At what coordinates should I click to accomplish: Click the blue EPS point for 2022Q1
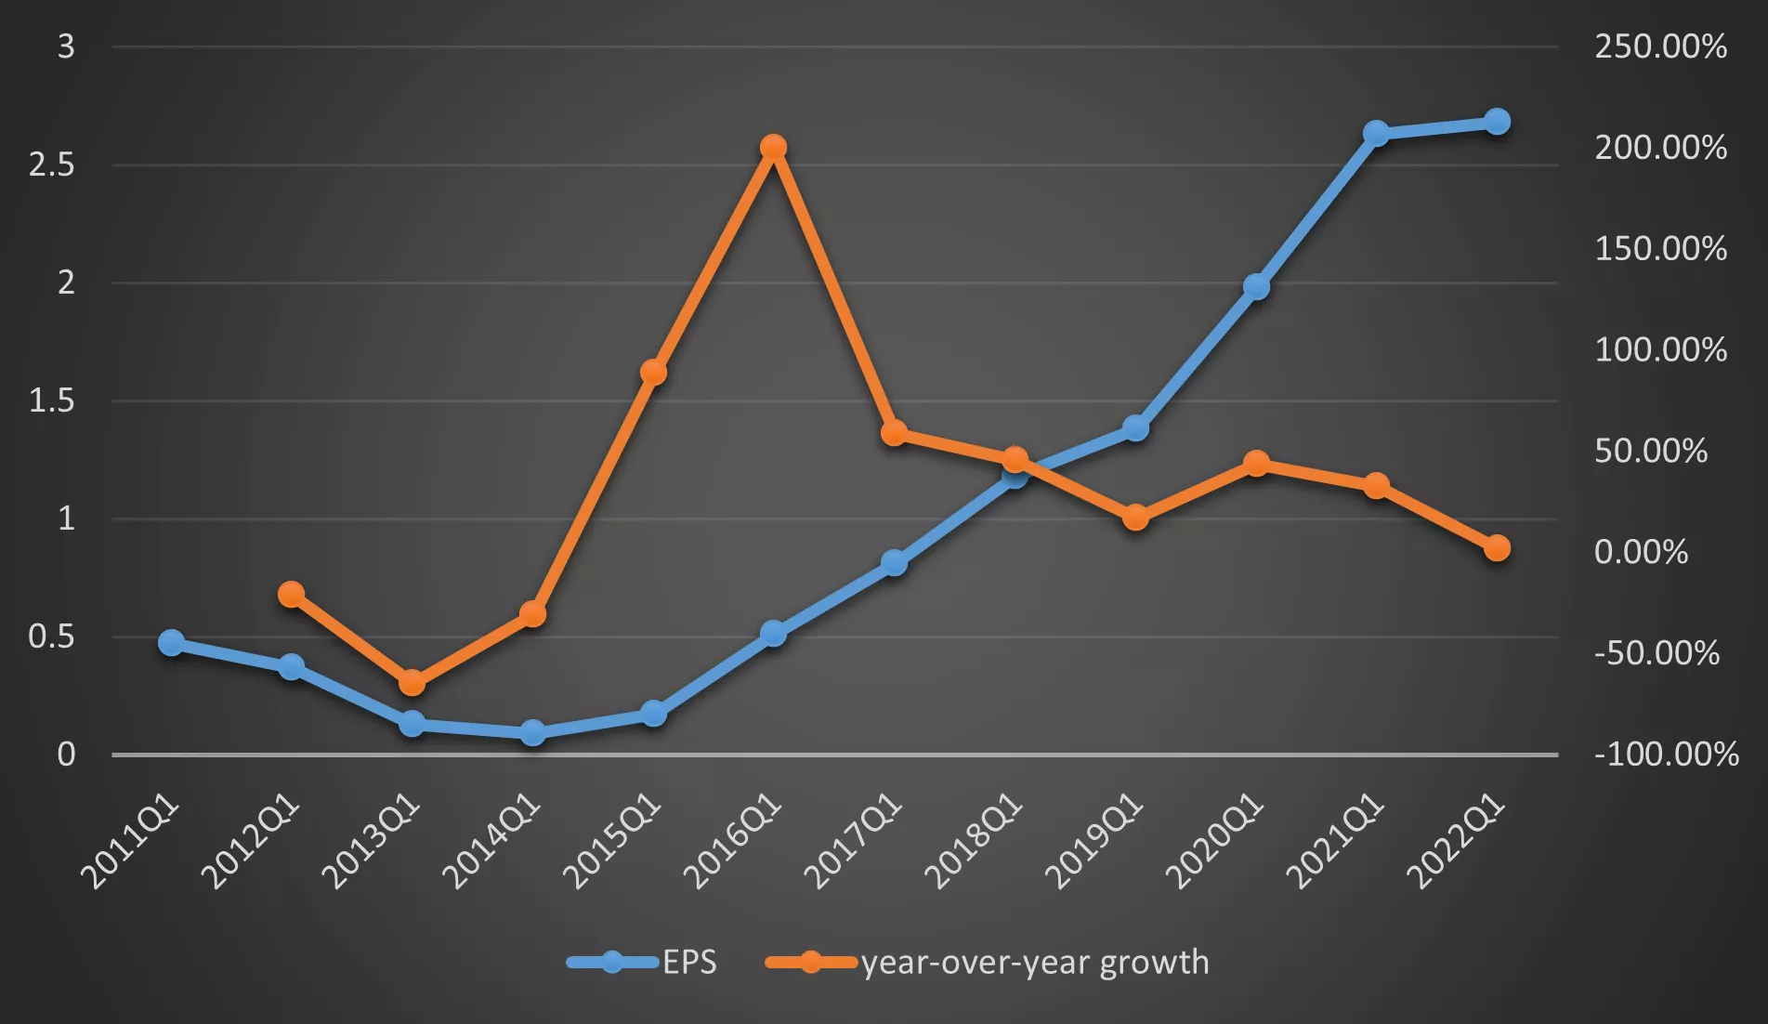tap(1497, 122)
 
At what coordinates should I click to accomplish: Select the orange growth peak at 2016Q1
tap(773, 147)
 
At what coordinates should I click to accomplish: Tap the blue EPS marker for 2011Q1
tap(171, 642)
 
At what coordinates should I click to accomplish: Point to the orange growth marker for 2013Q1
tap(412, 683)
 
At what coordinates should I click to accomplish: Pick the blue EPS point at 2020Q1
tap(1256, 287)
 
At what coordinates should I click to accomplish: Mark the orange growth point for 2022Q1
tap(1497, 548)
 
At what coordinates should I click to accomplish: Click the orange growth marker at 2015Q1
tap(653, 373)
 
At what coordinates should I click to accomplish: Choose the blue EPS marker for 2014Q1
tap(532, 733)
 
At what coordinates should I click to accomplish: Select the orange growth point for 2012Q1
tap(292, 594)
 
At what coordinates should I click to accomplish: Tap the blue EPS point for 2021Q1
tap(1376, 134)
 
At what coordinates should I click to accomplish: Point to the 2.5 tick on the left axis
tap(51, 165)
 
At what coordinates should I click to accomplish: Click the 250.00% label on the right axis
tap(1660, 46)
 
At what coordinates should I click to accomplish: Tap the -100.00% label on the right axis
tap(1666, 754)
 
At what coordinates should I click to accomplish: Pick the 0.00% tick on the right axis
tap(1641, 552)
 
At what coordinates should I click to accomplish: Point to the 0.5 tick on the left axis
tap(51, 637)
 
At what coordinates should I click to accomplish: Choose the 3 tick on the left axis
tap(66, 46)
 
